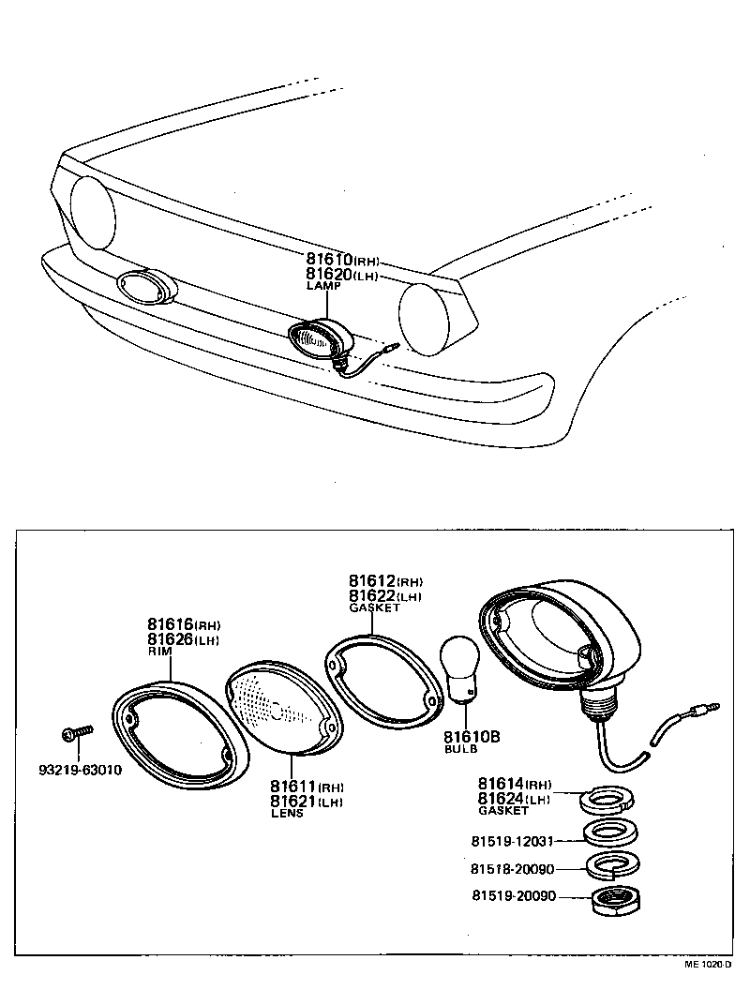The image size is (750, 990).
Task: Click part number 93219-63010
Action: pos(79,771)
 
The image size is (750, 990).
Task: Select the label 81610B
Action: pos(472,737)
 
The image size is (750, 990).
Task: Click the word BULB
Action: pos(460,750)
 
